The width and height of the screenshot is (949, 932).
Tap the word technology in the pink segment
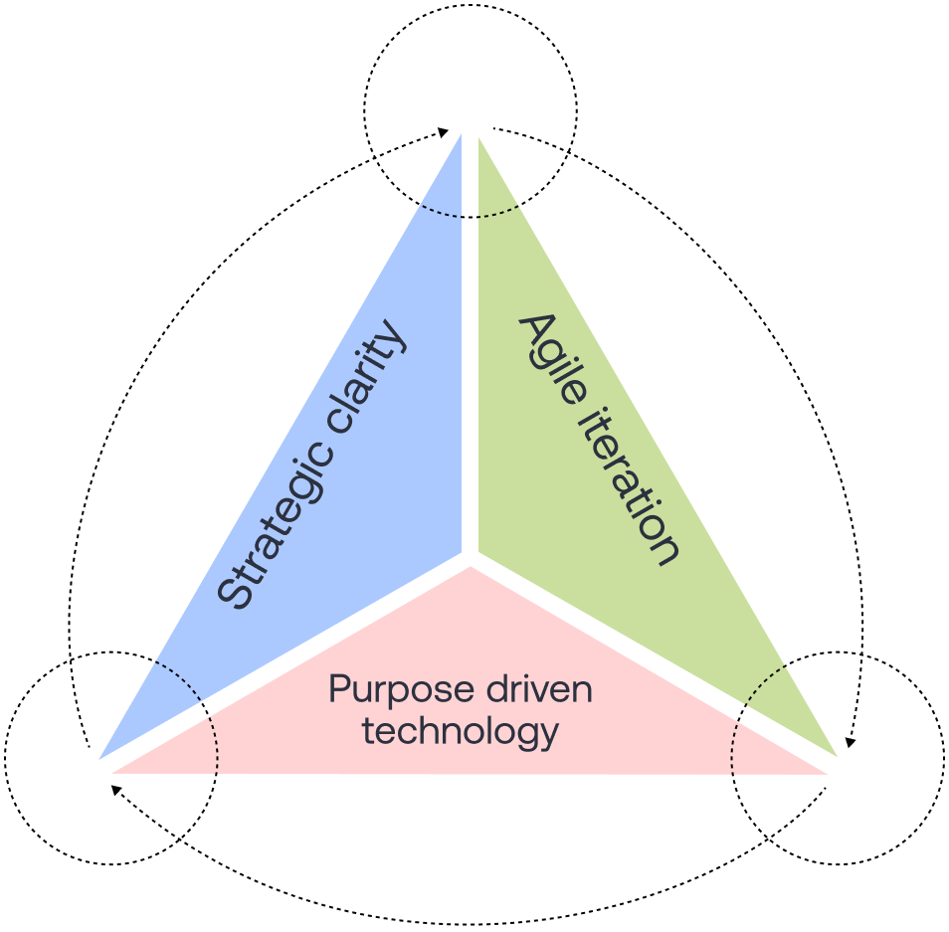click(x=460, y=732)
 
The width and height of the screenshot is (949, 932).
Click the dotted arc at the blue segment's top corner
click(x=441, y=212)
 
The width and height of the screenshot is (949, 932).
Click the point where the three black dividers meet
click(x=471, y=557)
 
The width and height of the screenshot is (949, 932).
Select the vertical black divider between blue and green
click(x=471, y=348)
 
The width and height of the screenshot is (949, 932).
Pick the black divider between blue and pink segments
click(x=288, y=660)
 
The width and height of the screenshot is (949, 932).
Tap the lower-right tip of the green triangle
click(x=836, y=755)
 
